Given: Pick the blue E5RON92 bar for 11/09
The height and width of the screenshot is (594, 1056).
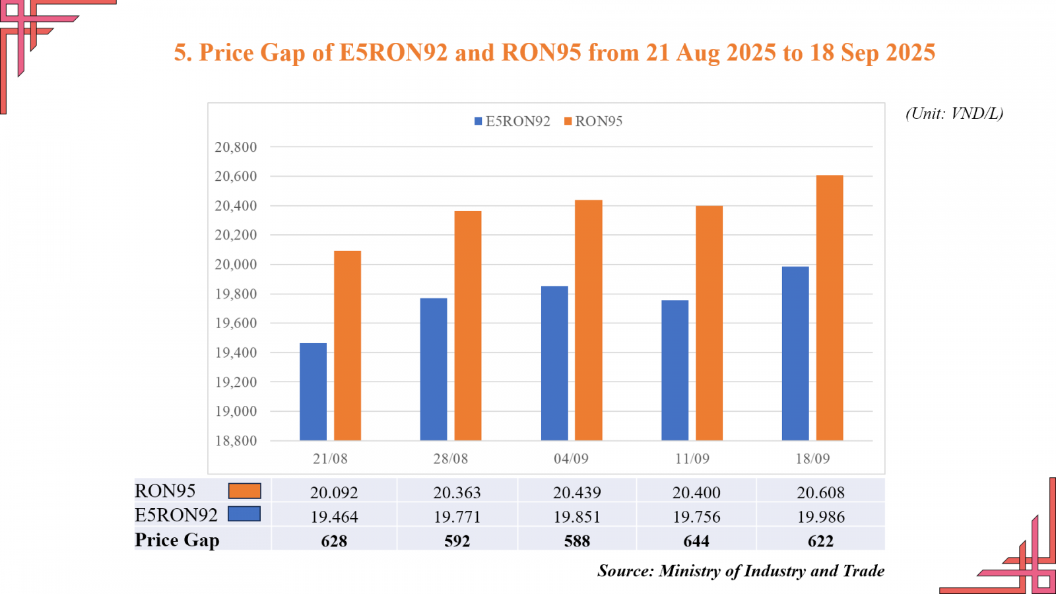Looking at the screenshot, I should pos(675,370).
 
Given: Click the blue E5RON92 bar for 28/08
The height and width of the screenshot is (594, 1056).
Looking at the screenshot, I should pos(434,369).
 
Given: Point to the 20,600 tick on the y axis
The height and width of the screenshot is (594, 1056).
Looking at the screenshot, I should pos(236,176).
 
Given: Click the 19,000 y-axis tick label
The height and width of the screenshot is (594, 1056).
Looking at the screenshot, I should pos(236,411).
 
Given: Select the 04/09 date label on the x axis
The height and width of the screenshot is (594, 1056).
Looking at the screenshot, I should pos(571,459).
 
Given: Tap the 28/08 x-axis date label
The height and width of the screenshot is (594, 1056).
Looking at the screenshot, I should pos(451,459).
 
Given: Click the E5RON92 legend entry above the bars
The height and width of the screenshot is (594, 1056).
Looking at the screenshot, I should pos(512,121).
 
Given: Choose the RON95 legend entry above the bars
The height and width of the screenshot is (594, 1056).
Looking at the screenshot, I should pos(593,121).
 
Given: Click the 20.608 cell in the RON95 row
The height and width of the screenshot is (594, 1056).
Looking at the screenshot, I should pos(820,492).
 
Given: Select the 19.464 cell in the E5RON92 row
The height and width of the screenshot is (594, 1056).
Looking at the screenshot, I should pos(334,517).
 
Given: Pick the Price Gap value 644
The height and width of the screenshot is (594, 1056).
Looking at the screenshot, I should pos(696,541).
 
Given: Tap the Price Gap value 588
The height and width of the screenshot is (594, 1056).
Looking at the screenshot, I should pos(577,541).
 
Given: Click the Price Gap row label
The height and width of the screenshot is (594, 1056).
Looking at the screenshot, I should pos(177,540).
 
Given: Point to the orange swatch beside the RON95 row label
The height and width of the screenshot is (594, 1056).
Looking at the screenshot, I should pos(244,491).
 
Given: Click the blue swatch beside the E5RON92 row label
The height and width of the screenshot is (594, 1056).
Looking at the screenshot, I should pos(244,514).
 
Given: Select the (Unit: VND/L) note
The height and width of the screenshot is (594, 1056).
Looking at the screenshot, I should pos(954,114).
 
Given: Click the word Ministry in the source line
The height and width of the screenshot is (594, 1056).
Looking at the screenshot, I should pos(690,571).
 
